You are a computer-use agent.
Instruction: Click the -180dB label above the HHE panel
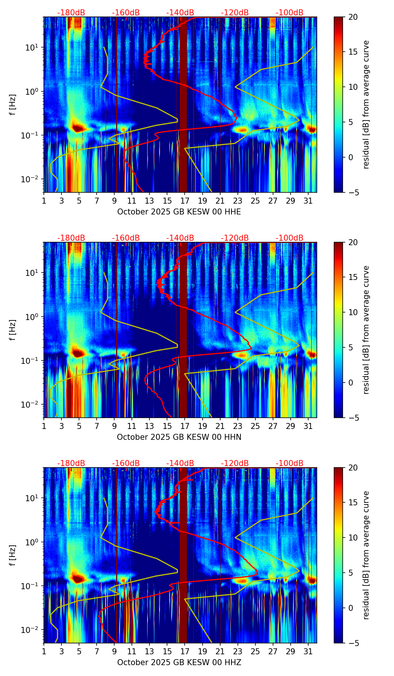pos(71,13)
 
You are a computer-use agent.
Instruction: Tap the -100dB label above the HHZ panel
pos(290,463)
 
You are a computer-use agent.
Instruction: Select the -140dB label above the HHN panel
pos(180,238)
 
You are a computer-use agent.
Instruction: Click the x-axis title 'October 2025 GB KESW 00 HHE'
pos(179,212)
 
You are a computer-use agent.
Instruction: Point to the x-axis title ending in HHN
pos(179,437)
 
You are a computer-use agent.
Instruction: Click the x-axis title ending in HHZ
pos(179,663)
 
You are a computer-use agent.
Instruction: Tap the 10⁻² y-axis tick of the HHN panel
pos(33,405)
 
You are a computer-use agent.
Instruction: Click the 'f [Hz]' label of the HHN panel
pos(13,330)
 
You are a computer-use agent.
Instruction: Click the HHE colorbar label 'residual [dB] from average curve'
pos(366,104)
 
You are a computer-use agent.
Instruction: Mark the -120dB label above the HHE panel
pos(235,13)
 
